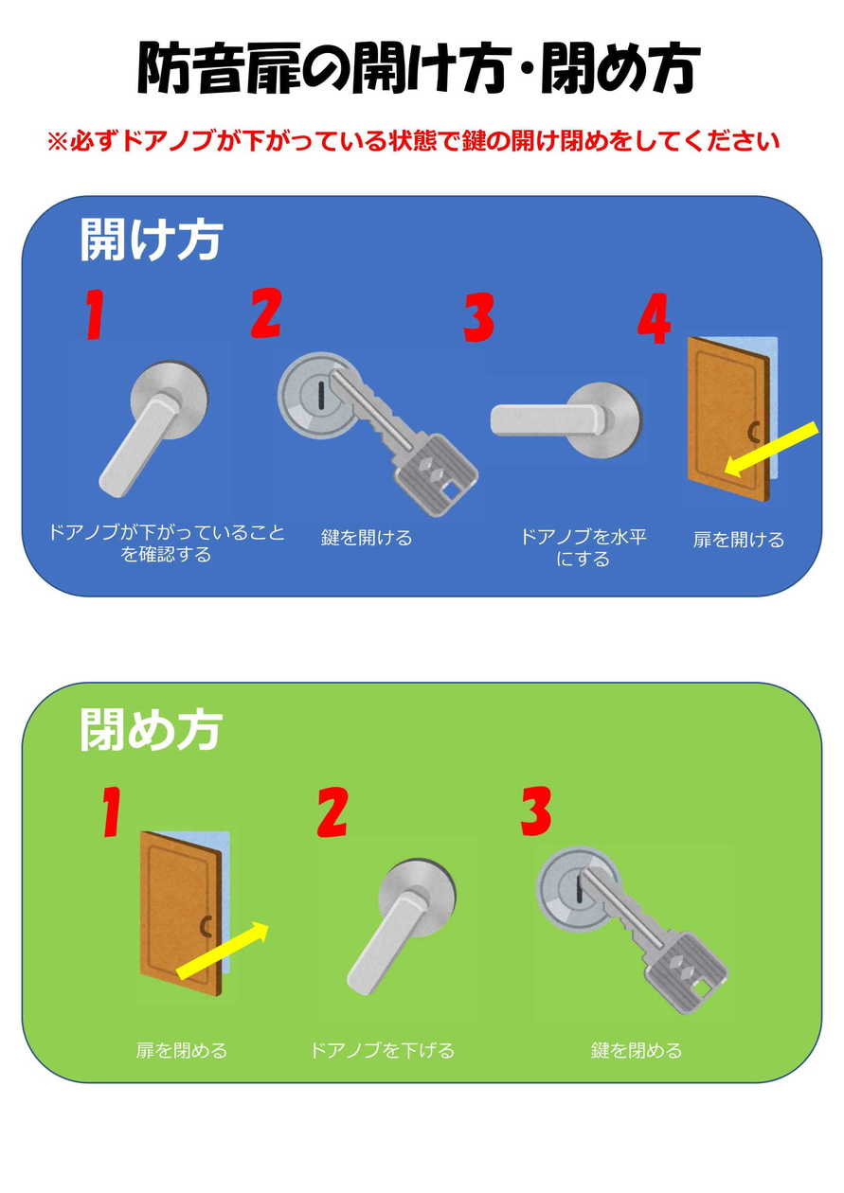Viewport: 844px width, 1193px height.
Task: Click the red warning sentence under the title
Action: point(414,141)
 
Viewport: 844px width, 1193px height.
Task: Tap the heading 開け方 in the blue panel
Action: point(151,240)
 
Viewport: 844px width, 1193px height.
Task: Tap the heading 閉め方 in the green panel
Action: point(151,730)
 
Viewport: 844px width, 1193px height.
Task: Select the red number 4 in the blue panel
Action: point(654,318)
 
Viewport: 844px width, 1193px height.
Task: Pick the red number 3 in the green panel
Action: point(535,811)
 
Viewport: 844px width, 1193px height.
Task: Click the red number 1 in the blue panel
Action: point(94,315)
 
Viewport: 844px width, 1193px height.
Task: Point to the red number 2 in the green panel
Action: point(332,813)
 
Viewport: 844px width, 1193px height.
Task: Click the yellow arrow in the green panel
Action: point(223,950)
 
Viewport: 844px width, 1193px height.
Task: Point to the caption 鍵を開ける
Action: point(367,538)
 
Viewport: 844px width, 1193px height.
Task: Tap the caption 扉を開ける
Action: point(739,540)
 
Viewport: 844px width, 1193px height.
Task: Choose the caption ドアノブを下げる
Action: point(383,1050)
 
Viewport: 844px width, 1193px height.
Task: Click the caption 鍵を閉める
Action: point(636,1050)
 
